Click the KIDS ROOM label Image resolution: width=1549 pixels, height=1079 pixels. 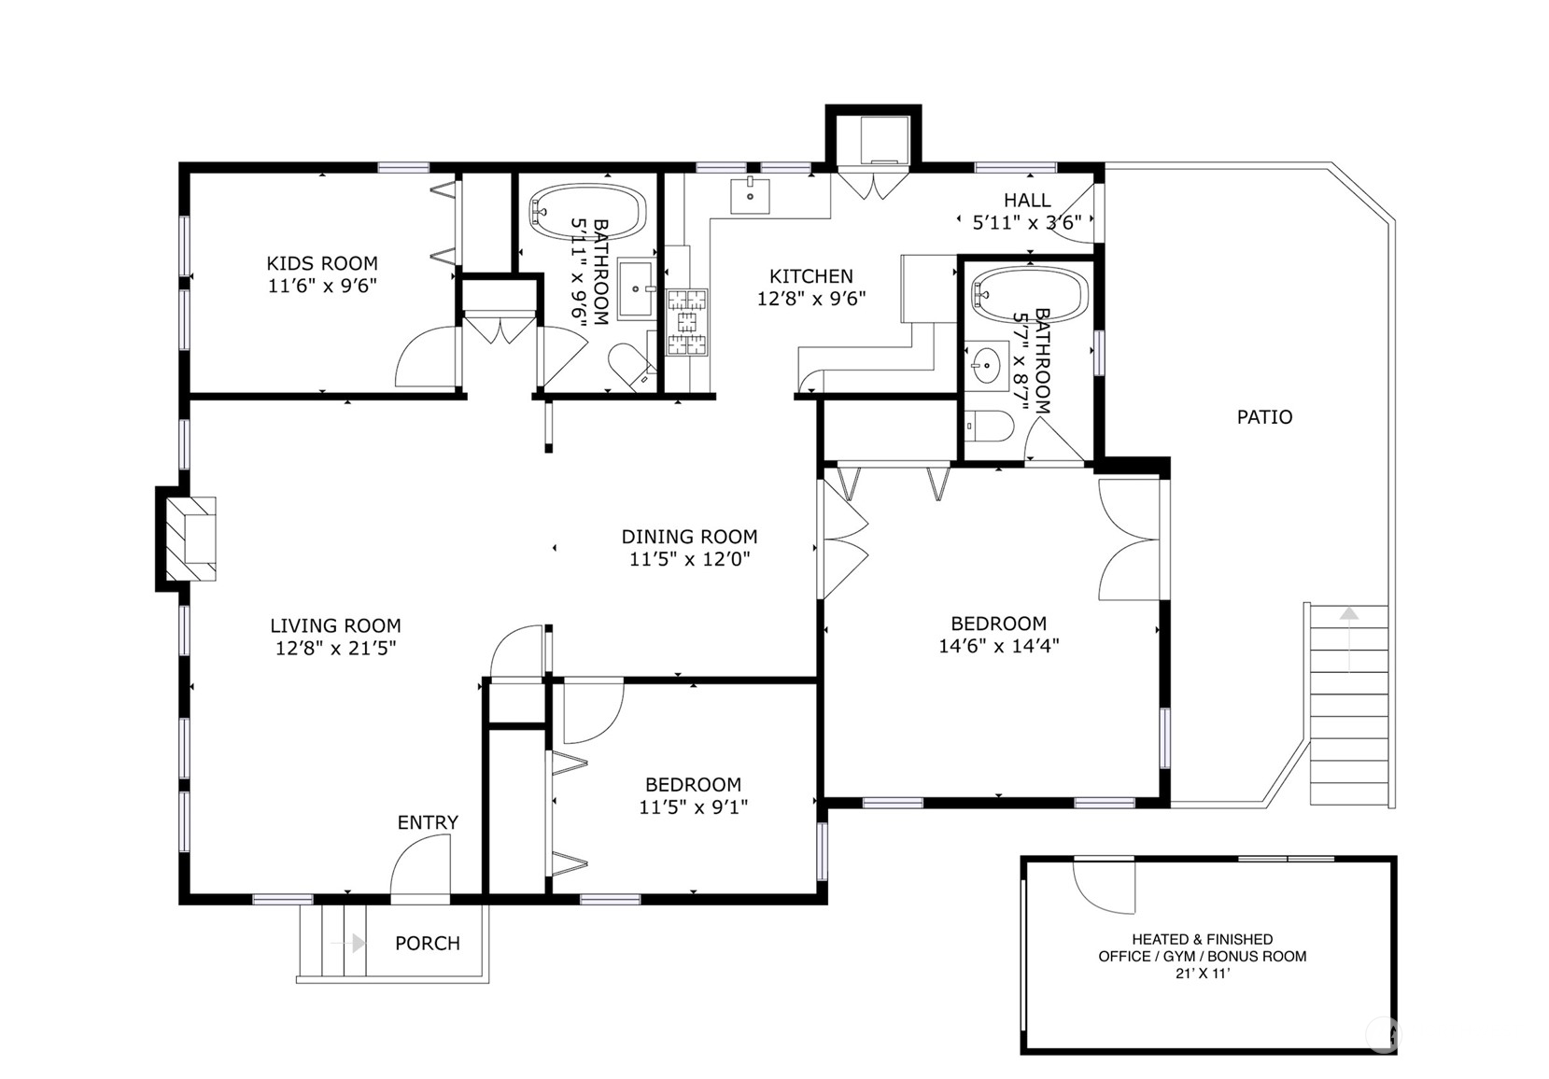coord(322,263)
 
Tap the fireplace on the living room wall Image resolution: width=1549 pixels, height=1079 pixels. coord(190,539)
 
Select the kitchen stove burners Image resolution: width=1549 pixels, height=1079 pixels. coord(686,323)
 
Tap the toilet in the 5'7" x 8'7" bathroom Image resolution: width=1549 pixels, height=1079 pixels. coord(989,427)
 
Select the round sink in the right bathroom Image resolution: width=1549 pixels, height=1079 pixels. coord(986,364)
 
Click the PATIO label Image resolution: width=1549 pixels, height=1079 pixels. coord(1264,417)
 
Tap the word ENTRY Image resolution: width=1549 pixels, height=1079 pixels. coord(428,822)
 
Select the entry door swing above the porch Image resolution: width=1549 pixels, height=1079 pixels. coord(420,868)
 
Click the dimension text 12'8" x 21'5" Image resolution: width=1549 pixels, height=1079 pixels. coord(336,648)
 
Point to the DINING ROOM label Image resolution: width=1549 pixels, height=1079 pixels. coord(689,537)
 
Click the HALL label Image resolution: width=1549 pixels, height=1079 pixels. coord(1027,200)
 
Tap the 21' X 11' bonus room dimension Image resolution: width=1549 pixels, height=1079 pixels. coord(1203,974)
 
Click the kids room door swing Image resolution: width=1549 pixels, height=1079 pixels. coord(427,357)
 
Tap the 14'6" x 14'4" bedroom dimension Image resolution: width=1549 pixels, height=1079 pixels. coord(998,645)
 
